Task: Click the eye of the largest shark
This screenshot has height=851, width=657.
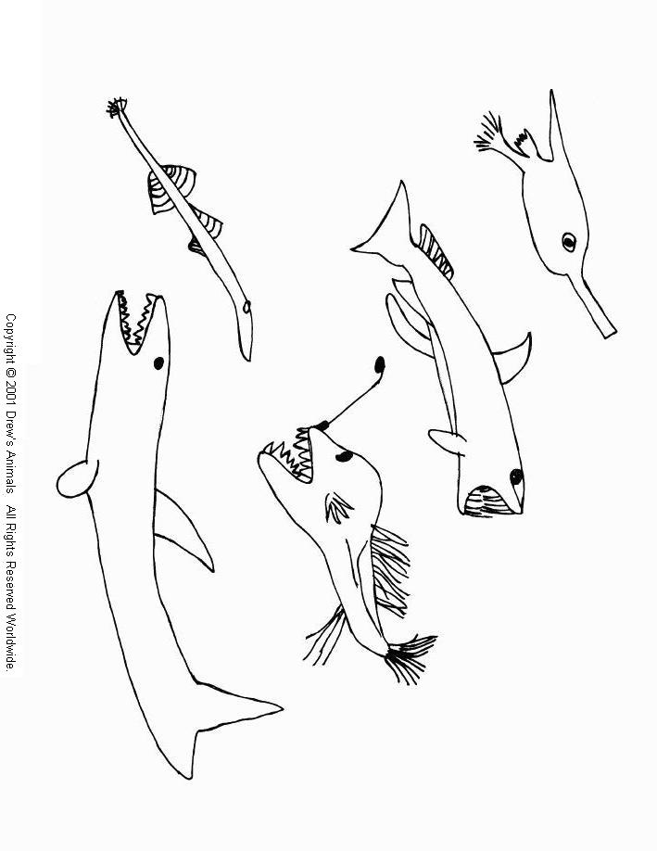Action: pos(158,362)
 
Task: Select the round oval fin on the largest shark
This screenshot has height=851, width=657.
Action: pos(76,477)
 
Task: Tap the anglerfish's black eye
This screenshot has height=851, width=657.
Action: pos(343,457)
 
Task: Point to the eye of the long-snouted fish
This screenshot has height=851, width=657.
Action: pos(569,243)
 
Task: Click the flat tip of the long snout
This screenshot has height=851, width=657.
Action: pos(607,328)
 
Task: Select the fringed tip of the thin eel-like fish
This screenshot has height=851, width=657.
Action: pos(117,108)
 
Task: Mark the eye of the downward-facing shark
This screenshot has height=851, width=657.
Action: pos(515,476)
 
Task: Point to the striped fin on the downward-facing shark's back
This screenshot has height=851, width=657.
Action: pos(435,250)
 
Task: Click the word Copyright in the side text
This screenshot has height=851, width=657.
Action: pos(11,339)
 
